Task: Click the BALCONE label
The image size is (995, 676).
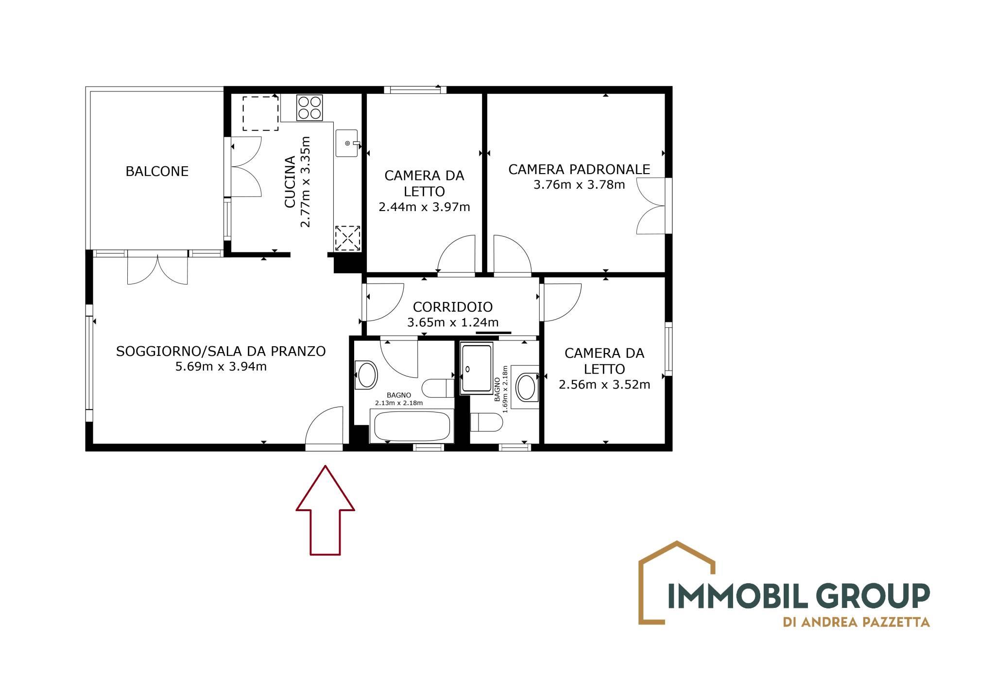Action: [157, 171]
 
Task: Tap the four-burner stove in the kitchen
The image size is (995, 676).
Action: [310, 107]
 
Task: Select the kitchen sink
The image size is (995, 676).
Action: [347, 143]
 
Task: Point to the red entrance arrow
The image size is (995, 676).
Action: [326, 510]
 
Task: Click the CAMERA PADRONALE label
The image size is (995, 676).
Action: [579, 169]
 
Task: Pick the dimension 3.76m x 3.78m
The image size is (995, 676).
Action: [579, 185]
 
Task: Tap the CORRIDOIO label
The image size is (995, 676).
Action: [453, 307]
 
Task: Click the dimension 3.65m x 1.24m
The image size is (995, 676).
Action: [453, 322]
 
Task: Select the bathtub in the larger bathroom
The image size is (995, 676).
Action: [412, 426]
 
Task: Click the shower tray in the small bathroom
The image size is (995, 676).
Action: [477, 368]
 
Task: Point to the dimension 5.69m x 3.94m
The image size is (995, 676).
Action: [221, 366]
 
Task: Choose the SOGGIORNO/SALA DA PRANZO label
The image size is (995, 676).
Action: [221, 351]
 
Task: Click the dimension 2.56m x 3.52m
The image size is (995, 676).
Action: [604, 385]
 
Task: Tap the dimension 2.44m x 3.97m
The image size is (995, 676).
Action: [424, 207]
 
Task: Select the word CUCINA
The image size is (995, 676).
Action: [290, 182]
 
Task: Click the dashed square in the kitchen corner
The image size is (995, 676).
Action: [260, 113]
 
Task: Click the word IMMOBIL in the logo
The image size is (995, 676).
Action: [733, 596]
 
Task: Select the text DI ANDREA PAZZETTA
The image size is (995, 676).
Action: [856, 622]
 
